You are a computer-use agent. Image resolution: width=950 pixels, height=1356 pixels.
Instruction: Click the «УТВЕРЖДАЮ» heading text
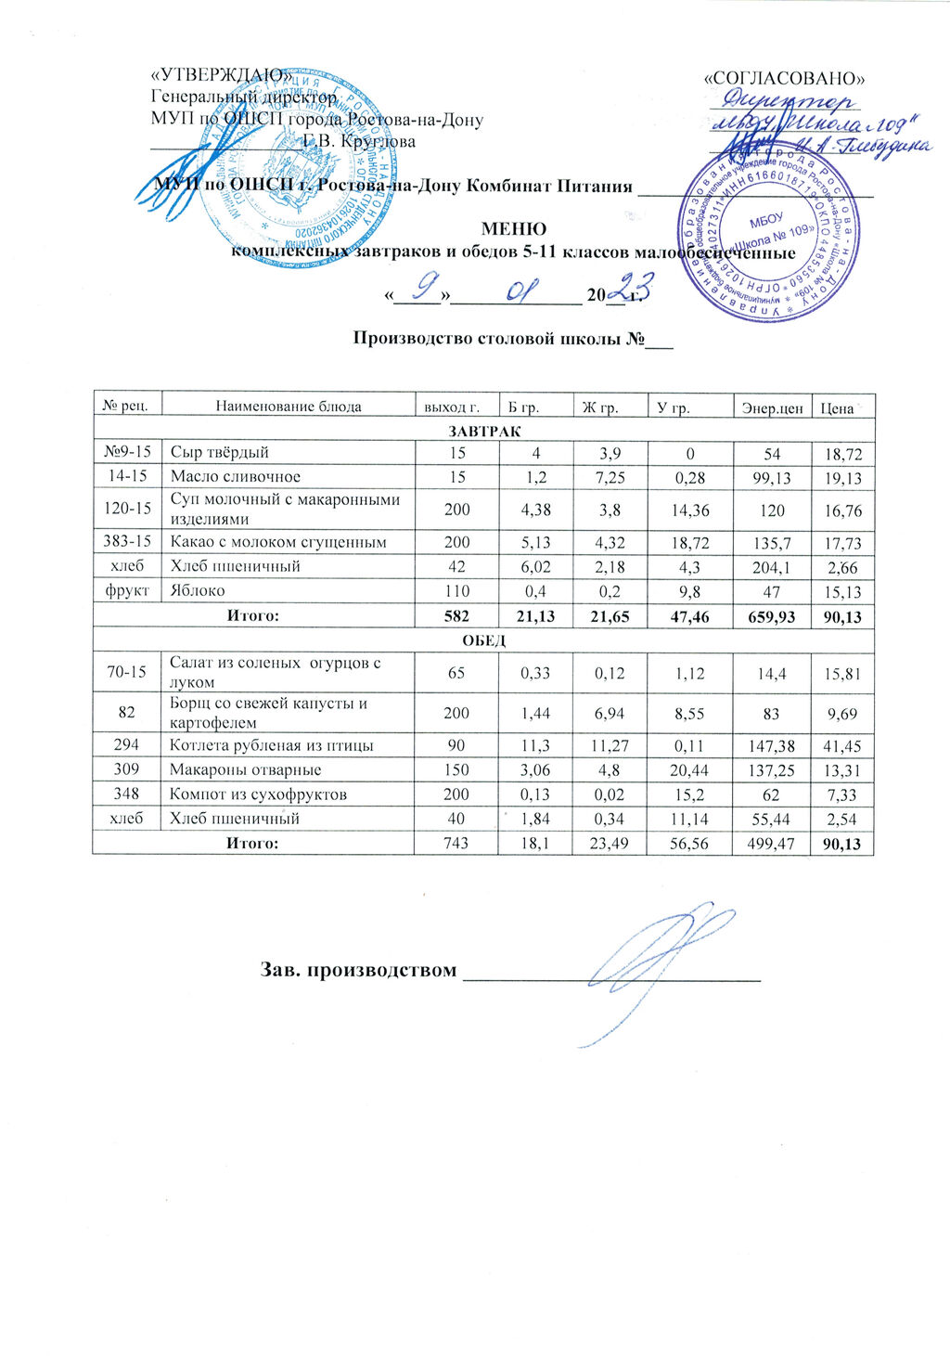tap(222, 76)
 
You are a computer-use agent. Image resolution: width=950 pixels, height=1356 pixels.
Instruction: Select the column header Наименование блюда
tap(288, 406)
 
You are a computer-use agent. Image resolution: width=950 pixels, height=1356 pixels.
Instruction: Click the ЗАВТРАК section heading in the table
tap(483, 431)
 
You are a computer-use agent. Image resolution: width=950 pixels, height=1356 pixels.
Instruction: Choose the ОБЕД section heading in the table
tap(483, 640)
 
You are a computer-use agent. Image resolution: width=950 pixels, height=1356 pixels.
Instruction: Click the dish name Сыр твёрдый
tap(220, 452)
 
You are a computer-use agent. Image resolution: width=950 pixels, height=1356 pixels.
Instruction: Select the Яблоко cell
tap(197, 589)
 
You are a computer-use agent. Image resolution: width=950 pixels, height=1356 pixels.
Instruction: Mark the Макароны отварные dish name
tap(246, 769)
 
